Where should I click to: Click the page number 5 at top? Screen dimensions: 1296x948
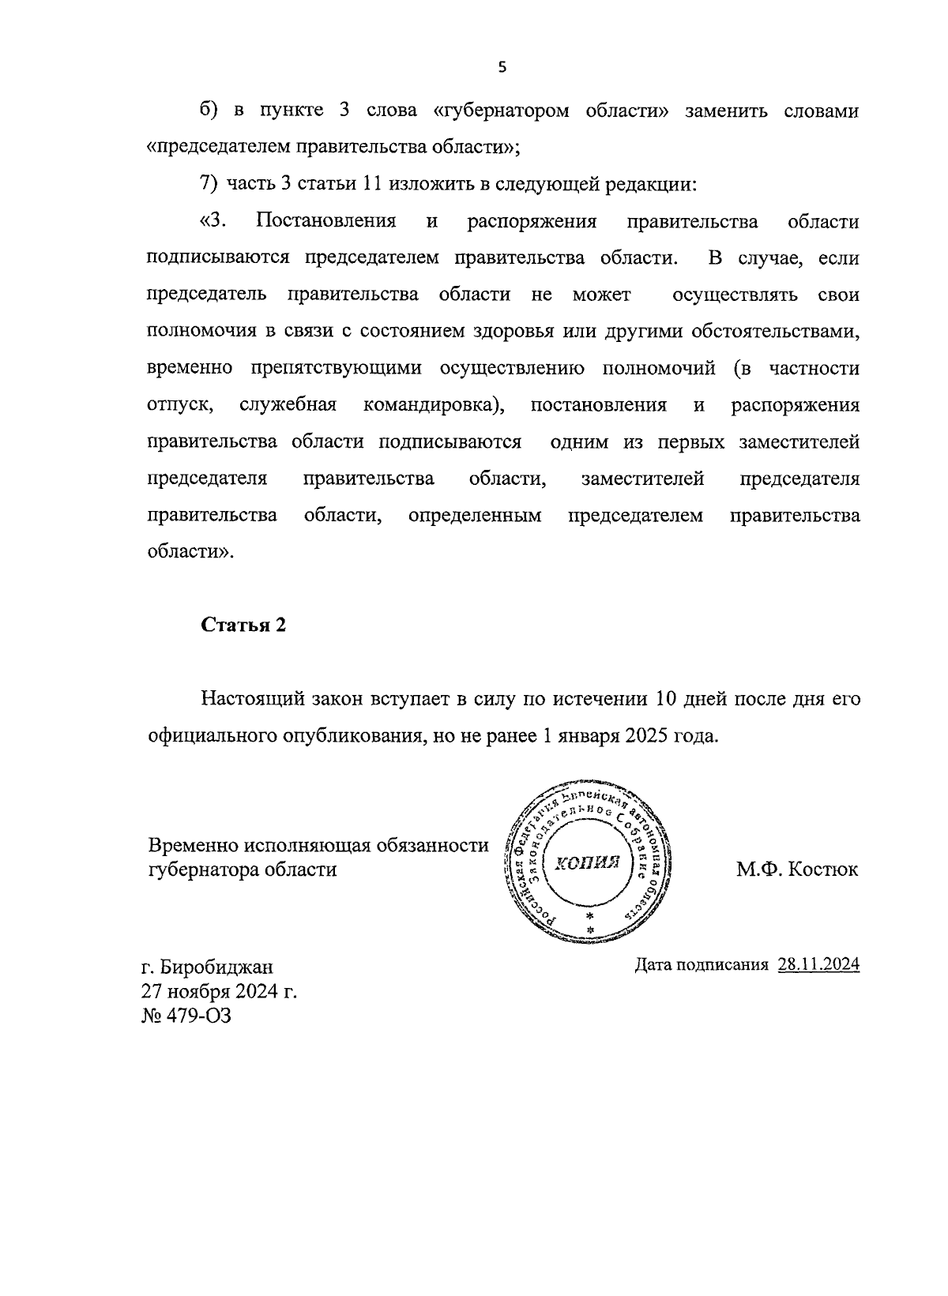tap(502, 67)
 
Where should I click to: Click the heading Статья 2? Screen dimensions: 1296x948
tap(243, 625)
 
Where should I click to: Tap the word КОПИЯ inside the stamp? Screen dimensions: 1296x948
tap(585, 862)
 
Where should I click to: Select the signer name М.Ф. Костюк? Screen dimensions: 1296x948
tap(797, 870)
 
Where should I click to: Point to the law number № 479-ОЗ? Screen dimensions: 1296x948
tap(186, 1015)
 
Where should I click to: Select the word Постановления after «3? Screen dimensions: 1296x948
tap(325, 221)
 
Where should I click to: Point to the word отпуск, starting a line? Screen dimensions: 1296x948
tap(180, 405)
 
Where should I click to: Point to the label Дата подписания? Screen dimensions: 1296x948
tap(702, 965)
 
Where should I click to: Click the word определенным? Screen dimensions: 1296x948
tap(475, 516)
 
